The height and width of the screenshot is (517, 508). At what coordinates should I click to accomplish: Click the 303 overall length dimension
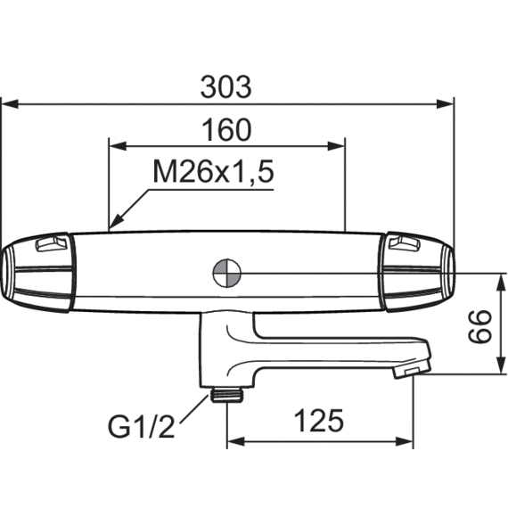pos(226,88)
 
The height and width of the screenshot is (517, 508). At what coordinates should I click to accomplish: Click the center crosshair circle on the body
pos(227,273)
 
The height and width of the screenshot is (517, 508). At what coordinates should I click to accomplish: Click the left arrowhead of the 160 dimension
pos(115,146)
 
